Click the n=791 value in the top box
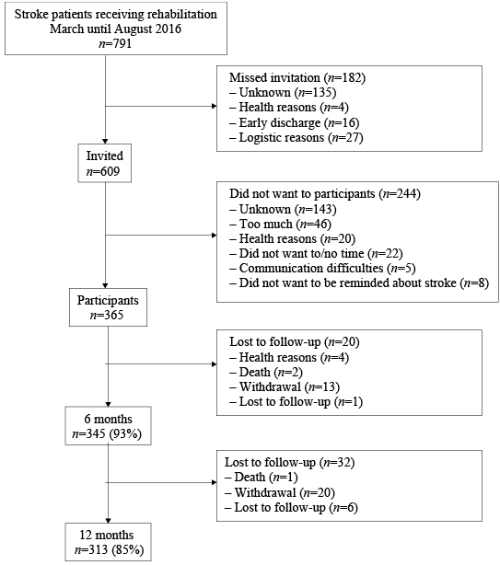point(115,43)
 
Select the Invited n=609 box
point(105,163)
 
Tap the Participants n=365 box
point(108,307)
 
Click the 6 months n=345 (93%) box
point(108,426)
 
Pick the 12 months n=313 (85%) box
point(108,542)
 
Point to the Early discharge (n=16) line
point(295,123)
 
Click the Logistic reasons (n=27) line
point(297,138)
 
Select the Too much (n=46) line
point(281,225)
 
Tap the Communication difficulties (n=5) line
point(322,269)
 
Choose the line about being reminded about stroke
point(359,283)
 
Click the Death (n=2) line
point(266,373)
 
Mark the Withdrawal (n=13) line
point(285,387)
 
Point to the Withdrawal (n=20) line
point(280,492)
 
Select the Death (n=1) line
point(262,478)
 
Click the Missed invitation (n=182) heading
point(297,78)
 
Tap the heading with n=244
point(325,194)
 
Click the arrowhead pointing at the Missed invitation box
point(215,107)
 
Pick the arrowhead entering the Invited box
point(105,142)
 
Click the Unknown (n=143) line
point(283,210)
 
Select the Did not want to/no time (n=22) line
point(316,254)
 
